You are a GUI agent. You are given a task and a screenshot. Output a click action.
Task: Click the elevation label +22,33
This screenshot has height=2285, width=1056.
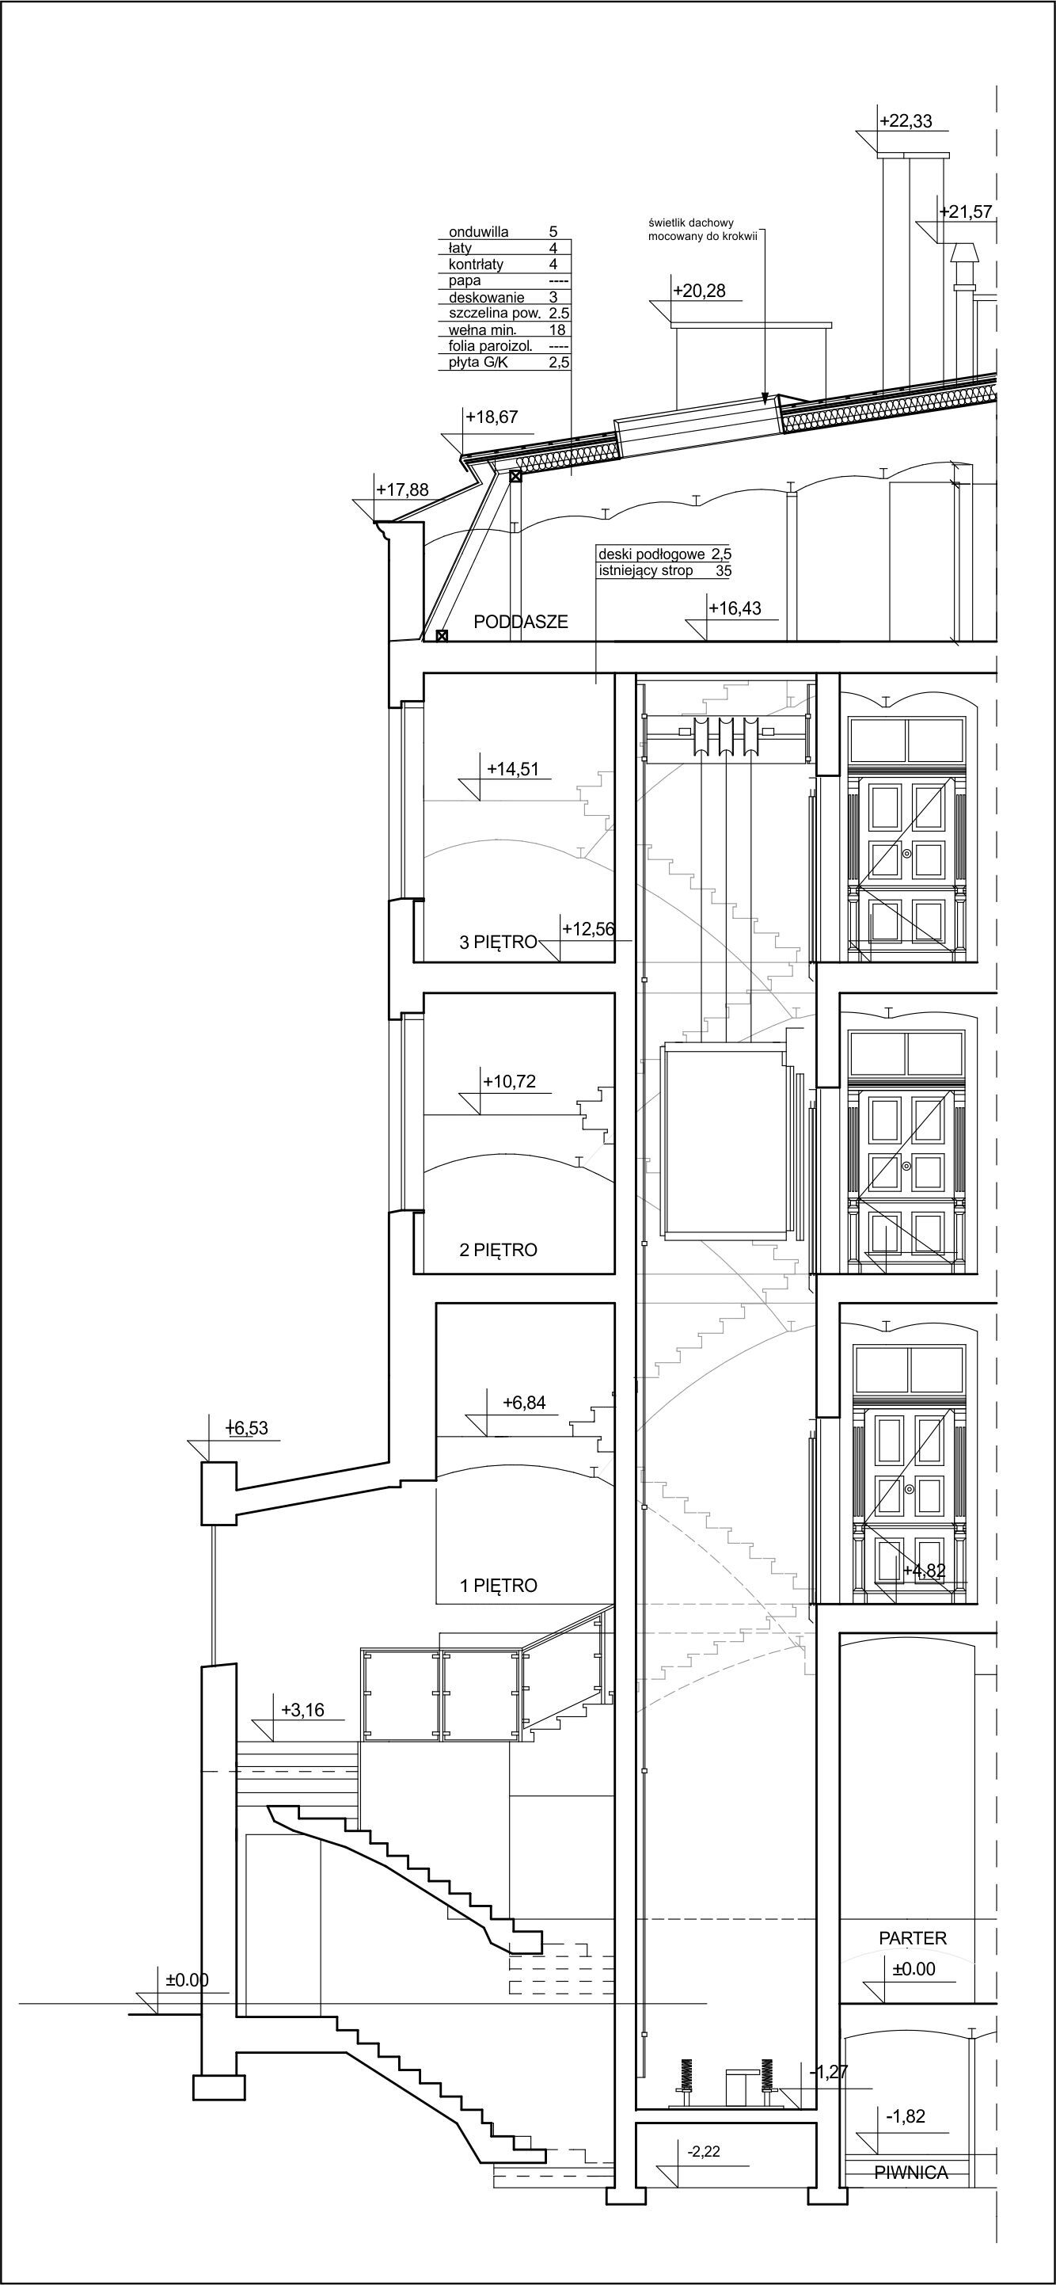(906, 121)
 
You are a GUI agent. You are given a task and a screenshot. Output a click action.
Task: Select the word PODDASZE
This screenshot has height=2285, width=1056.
(520, 622)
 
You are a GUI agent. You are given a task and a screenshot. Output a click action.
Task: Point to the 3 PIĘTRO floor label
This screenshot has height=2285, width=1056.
(498, 942)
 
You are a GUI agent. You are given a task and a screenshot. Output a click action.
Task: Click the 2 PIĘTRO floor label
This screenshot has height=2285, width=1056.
(498, 1250)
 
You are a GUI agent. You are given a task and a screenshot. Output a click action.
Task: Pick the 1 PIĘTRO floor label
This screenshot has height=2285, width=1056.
(498, 1585)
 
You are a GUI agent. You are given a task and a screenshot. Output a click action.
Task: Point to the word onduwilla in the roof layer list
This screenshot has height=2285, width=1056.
(479, 232)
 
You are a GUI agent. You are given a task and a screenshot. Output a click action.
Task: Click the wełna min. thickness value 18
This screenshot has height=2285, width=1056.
(558, 330)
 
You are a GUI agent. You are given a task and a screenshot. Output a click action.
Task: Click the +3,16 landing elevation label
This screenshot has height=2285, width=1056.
(303, 1709)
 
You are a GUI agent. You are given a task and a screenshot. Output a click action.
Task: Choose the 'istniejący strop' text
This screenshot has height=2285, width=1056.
(645, 570)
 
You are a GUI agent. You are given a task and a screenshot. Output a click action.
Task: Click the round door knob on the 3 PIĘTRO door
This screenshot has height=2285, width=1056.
(906, 852)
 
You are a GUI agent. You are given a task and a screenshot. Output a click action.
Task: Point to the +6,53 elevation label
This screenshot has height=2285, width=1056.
(246, 1428)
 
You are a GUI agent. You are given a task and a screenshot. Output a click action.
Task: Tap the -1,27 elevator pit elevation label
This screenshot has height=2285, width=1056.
(829, 2072)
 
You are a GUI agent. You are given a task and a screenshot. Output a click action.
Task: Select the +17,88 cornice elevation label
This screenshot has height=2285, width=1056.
(403, 489)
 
